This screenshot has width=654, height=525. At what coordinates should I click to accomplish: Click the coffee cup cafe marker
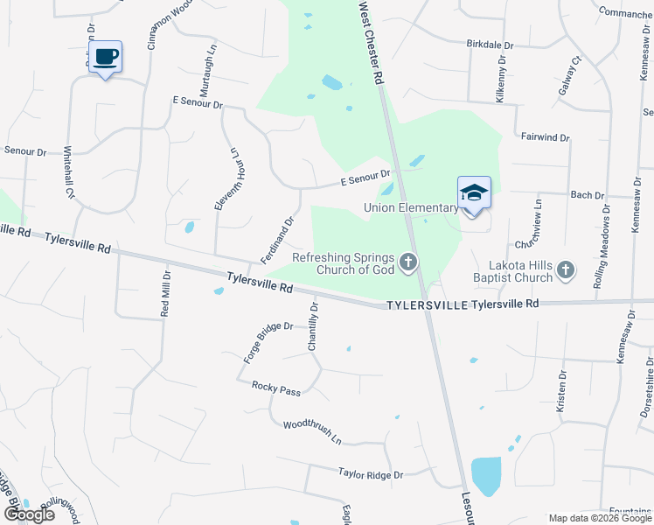click(105, 58)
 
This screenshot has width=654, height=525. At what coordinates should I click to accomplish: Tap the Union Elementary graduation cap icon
click(474, 193)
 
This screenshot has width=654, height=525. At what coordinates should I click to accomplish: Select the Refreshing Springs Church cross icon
click(407, 262)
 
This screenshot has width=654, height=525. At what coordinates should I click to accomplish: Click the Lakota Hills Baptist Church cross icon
click(566, 270)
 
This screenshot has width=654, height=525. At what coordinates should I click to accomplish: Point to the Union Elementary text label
click(411, 207)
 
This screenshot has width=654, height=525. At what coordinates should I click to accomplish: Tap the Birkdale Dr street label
click(491, 43)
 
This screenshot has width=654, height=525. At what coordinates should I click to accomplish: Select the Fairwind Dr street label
click(545, 137)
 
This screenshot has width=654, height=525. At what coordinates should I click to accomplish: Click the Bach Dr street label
click(587, 195)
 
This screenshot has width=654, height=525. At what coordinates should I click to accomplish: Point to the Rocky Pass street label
click(276, 388)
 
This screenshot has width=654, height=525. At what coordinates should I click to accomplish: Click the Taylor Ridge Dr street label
click(371, 473)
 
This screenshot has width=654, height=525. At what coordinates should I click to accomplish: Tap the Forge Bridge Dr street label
click(267, 339)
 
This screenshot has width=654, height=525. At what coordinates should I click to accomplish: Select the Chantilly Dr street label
click(314, 326)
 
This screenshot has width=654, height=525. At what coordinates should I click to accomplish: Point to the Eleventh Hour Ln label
click(226, 178)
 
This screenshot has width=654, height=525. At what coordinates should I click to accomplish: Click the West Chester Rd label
click(372, 42)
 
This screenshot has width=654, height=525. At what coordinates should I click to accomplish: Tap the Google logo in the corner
click(29, 514)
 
